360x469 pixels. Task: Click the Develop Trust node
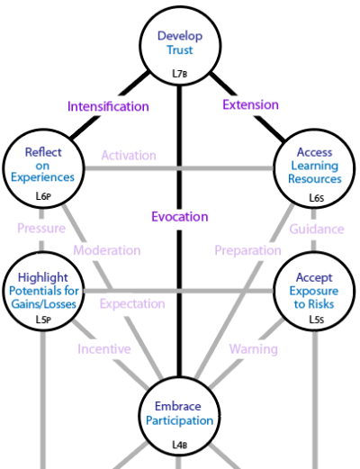[180, 46]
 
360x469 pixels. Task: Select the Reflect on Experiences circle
[43, 168]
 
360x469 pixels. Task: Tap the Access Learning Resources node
[314, 168]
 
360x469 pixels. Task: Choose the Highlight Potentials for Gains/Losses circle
[43, 291]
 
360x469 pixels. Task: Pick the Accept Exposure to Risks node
[314, 291]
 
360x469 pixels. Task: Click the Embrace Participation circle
[179, 417]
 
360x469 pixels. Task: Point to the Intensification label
[108, 106]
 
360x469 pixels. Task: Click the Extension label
[250, 104]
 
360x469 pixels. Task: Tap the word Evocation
[180, 217]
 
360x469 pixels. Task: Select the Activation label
[129, 156]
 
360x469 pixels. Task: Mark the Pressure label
[41, 229]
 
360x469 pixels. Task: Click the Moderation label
[107, 250]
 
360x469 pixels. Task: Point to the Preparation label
[247, 250]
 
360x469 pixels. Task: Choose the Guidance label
[317, 230]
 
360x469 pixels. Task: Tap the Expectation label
[132, 303]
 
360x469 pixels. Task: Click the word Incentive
[104, 349]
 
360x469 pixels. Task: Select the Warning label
[254, 349]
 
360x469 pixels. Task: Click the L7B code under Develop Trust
[180, 73]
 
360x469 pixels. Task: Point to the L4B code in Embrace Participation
[180, 445]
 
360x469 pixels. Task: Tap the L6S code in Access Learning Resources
[317, 198]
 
